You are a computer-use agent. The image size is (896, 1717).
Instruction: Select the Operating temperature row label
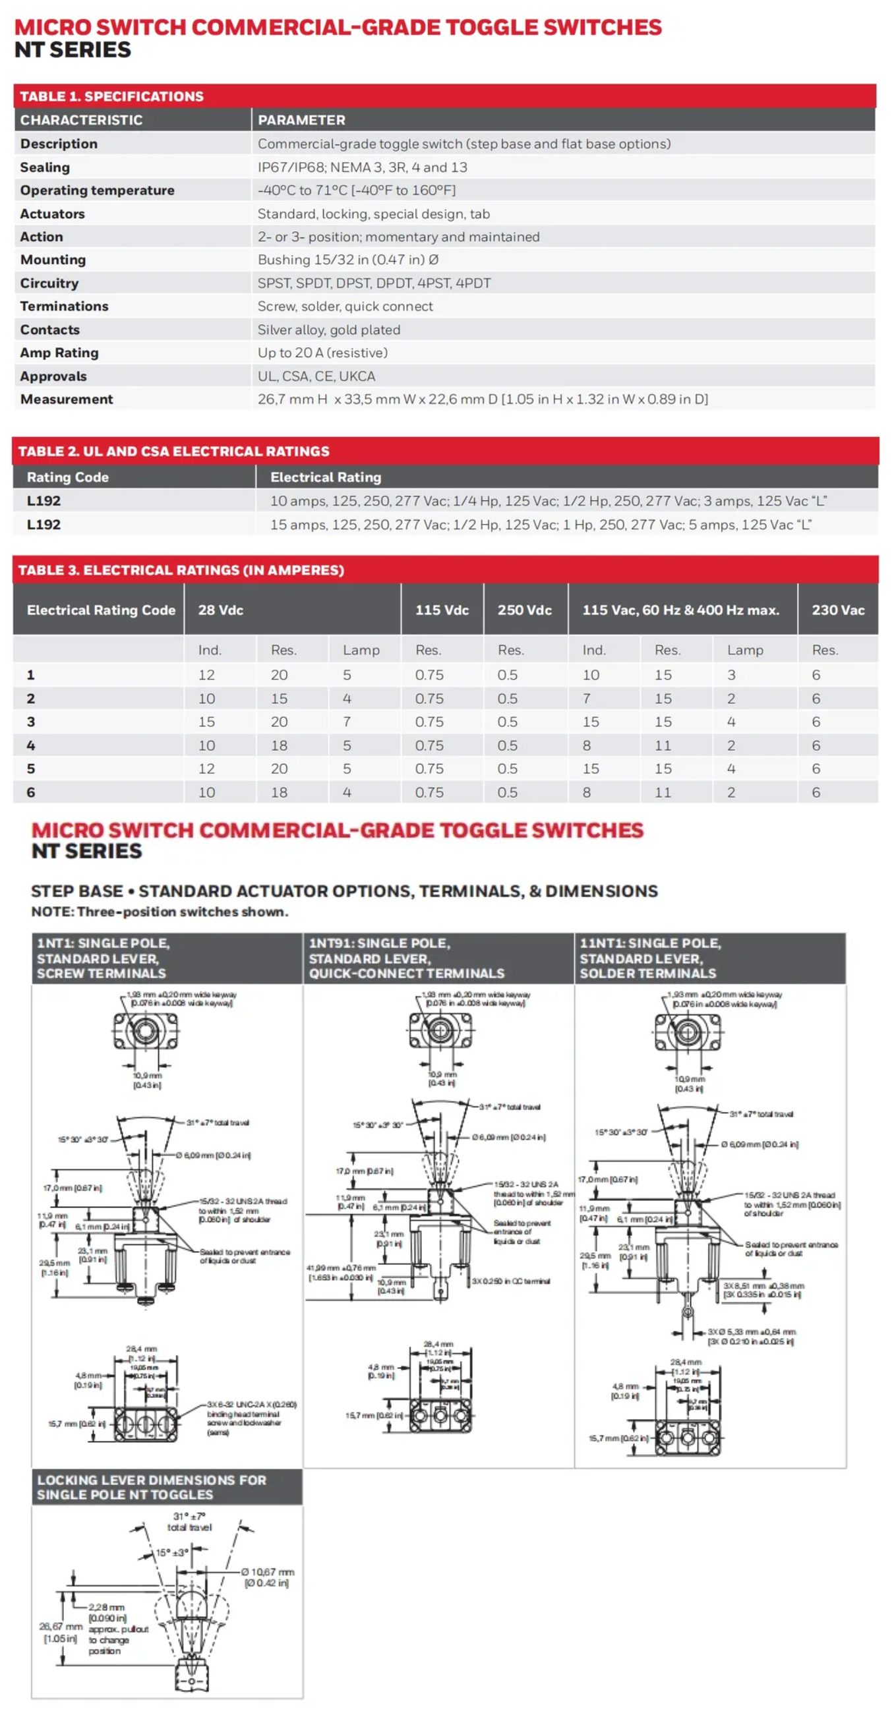[x=98, y=190]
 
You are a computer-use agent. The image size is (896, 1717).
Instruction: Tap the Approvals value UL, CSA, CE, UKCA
[x=316, y=376]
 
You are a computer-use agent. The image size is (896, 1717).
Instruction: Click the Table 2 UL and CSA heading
[x=173, y=451]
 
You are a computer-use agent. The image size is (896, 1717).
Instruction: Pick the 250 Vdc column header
[x=524, y=610]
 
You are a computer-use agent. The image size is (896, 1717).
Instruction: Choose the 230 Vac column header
[x=837, y=610]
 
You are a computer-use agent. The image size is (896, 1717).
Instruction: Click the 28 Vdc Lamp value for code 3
[x=347, y=722]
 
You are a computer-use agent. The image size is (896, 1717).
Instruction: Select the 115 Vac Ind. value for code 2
[x=587, y=699]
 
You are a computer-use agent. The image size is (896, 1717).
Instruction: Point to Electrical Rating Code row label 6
[x=31, y=792]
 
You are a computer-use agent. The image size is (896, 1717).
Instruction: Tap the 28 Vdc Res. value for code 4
[x=279, y=745]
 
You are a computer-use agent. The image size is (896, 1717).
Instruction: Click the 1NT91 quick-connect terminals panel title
[x=406, y=958]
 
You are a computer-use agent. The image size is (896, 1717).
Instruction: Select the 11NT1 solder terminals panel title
[x=649, y=958]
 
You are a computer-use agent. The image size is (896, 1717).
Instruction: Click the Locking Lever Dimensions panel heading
[x=152, y=1487]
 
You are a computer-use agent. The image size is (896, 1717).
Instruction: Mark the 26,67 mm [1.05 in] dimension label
[x=60, y=1633]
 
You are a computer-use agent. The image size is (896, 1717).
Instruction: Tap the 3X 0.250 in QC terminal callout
[x=511, y=1281]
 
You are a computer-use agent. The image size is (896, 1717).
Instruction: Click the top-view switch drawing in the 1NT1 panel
[x=145, y=1031]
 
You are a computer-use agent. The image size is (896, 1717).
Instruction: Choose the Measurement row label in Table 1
[x=67, y=399]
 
